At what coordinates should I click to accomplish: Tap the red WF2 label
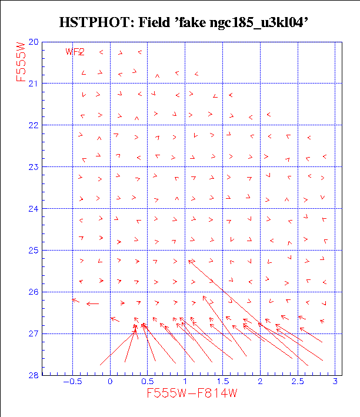coord(75,52)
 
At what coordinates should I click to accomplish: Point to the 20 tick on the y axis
coord(34,42)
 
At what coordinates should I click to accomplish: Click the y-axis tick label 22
coord(34,125)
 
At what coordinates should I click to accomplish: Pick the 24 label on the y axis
coord(34,209)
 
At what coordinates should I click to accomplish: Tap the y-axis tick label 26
coord(34,292)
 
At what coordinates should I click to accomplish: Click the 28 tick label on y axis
coord(34,375)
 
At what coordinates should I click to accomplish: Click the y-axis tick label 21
coord(34,84)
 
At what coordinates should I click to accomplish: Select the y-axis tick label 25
coord(34,251)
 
